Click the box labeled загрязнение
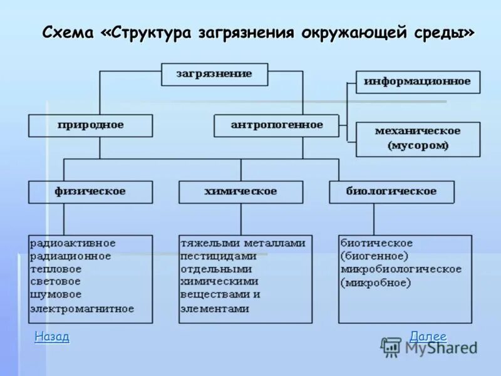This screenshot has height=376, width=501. pyautogui.click(x=214, y=74)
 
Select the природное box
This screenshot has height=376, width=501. pyautogui.click(x=90, y=125)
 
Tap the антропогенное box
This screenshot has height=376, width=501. pyautogui.click(x=276, y=125)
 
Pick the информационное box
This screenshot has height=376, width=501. pyautogui.click(x=418, y=81)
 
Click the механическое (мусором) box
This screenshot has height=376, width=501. pyautogui.click(x=418, y=138)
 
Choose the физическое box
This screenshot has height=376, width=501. pyautogui.click(x=90, y=192)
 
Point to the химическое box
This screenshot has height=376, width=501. pyautogui.click(x=240, y=192)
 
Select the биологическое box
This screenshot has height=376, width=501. pyautogui.click(x=391, y=192)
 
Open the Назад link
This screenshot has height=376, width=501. pyautogui.click(x=52, y=337)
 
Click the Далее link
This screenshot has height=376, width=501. pyautogui.click(x=428, y=337)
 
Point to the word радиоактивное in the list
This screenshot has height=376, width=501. pyautogui.click(x=73, y=243)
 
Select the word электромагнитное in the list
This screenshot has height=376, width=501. pyautogui.click(x=82, y=308)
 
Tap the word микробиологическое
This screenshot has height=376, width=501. pyautogui.click(x=401, y=269)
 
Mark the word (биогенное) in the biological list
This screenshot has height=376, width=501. pyautogui.click(x=374, y=256)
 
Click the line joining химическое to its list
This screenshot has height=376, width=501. pyautogui.click(x=240, y=219)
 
